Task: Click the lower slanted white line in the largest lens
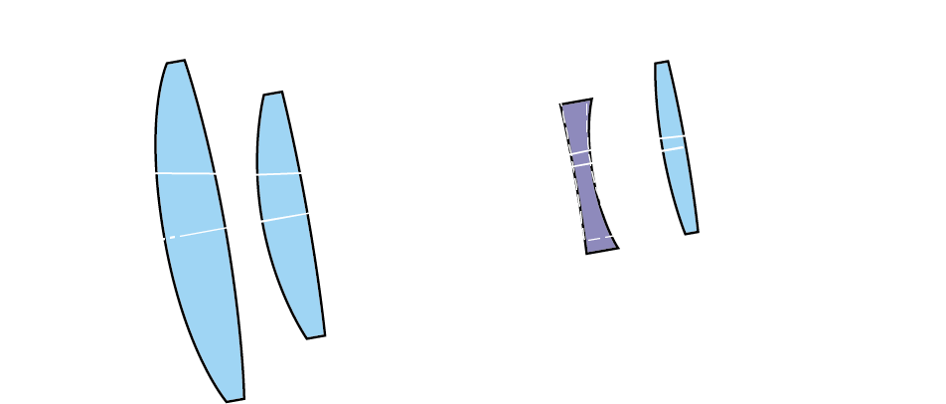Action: (x=199, y=233)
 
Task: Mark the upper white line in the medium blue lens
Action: (x=279, y=174)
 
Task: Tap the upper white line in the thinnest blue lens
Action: (x=673, y=136)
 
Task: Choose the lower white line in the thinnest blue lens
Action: (x=674, y=148)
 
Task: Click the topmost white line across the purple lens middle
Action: (x=580, y=152)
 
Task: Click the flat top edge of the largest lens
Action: (x=176, y=63)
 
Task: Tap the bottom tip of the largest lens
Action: (x=236, y=400)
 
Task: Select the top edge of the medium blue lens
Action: (x=273, y=94)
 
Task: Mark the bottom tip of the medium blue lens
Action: (x=316, y=337)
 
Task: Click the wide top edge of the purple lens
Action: (x=576, y=101)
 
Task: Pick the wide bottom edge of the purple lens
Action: (x=602, y=250)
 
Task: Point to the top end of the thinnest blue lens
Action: (x=661, y=63)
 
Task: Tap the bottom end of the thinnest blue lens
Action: (x=692, y=233)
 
